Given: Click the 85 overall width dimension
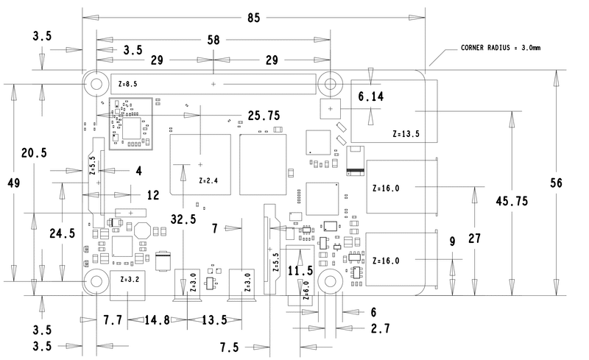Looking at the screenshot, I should [255, 16].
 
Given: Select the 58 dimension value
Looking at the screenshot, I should [213, 41].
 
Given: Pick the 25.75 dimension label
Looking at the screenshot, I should [264, 116].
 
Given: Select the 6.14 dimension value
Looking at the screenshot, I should [370, 96].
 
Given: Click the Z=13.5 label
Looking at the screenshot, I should [406, 135].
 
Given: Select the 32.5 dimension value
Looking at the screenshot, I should [183, 219].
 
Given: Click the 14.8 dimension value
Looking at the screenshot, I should [158, 320].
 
